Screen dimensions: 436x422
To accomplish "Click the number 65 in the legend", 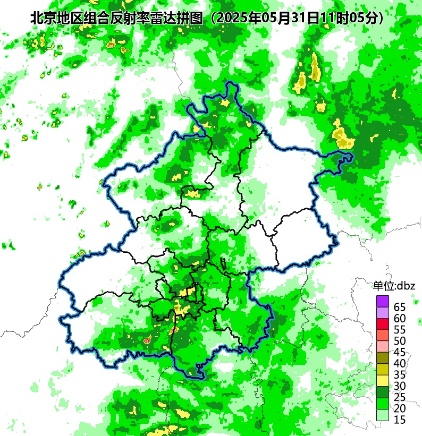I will pos(400,307).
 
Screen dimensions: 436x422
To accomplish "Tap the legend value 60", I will pos(400,319).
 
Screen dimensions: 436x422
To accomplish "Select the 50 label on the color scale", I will pos(400,341).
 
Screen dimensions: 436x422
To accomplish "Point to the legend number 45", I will pos(400,352).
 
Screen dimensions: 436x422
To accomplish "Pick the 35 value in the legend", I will pos(400,375).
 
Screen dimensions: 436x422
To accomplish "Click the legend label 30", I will pos(400,386).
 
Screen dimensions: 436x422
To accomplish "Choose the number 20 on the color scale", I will pos(400,408).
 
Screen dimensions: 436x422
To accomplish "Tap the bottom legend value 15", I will pos(400,420).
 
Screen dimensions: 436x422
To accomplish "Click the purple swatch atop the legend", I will pos(383,301).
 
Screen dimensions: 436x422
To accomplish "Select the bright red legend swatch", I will pos(383,323).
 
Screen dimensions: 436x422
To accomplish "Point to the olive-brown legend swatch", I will pos(383,358).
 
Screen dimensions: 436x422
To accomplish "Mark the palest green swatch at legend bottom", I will pos(383,415).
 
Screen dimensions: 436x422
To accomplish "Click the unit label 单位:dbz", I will pos(394,286).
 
